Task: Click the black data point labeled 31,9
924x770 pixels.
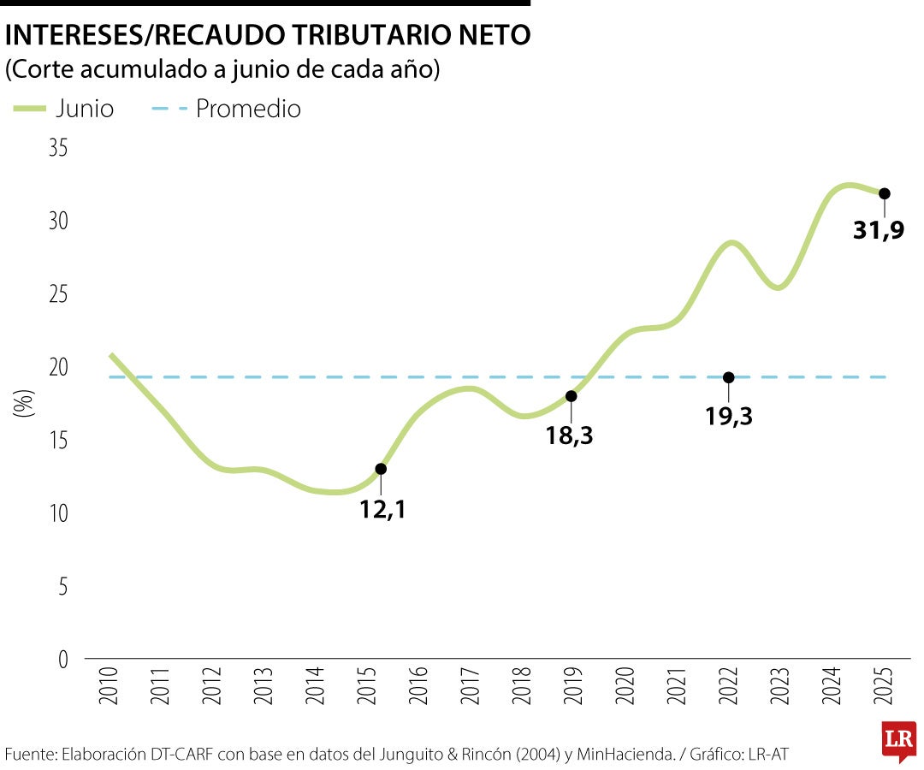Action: coord(885,193)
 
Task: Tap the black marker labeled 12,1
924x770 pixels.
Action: coord(381,469)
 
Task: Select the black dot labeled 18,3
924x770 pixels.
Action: coord(572,396)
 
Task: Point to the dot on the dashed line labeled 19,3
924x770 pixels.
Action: coord(728,377)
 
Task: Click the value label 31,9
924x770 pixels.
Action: coord(879,230)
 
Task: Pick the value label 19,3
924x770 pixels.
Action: coord(729,417)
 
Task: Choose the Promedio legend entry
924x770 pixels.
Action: coord(226,109)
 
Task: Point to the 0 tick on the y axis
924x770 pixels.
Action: coord(62,660)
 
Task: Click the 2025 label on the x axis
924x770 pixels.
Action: coord(885,685)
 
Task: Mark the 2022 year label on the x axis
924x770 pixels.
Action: coord(729,685)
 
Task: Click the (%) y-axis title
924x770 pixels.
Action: coord(25,402)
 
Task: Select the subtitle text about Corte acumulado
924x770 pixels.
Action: coord(222,69)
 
